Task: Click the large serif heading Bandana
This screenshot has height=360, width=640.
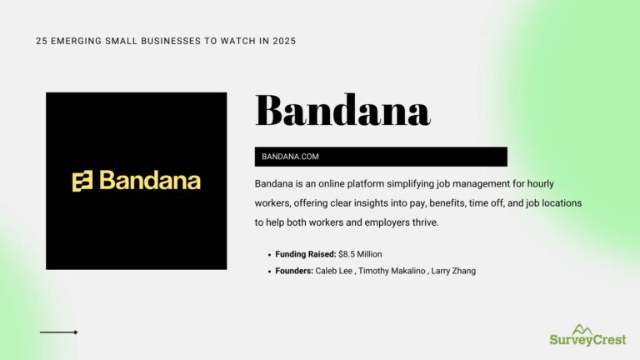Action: (342, 110)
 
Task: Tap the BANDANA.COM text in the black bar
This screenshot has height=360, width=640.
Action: (290, 157)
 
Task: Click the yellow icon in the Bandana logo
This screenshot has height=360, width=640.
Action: (82, 181)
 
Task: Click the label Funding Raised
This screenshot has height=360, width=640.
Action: (306, 253)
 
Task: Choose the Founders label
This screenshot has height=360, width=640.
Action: (294, 271)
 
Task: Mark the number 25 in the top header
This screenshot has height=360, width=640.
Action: (42, 41)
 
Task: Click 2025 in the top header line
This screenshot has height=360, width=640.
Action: (283, 41)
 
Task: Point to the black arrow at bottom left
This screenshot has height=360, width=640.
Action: (58, 332)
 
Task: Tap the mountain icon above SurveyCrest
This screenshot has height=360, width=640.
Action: (583, 327)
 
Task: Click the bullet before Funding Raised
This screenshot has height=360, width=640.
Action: (269, 253)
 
